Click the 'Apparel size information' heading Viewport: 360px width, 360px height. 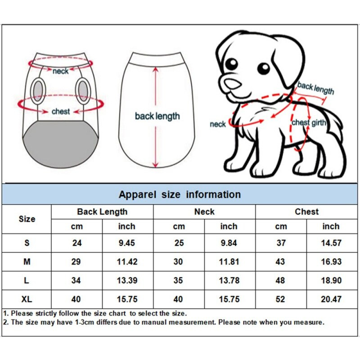pos(180,194)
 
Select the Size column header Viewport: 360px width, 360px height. pos(27,219)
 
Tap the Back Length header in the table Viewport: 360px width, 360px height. pos(102,211)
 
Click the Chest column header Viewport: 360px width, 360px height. pos(306,211)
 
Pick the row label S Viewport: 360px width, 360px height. pos(27,243)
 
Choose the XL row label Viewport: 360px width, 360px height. pos(27,299)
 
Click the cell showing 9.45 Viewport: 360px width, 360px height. pos(127,243)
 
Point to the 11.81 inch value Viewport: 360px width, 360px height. pos(229,261)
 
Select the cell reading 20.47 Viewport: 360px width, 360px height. pos(331,299)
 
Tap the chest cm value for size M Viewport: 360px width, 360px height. pos(281,261)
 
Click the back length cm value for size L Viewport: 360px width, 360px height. pos(77,280)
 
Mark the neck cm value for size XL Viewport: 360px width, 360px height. pos(179,299)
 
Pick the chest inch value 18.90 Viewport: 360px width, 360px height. pos(331,280)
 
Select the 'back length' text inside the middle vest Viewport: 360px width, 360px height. pos(157,116)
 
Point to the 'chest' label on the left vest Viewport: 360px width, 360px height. pos(60,111)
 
